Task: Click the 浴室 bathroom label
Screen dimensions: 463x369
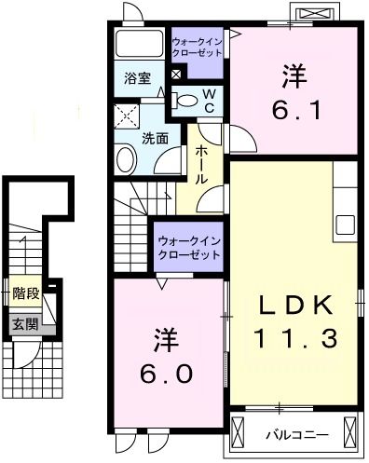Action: coord(137,79)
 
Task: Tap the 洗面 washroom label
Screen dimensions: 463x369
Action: coord(155,138)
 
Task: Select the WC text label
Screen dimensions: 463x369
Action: coord(210,102)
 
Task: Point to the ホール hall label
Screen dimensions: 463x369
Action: coord(199,165)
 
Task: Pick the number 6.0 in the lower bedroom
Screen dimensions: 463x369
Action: coord(169,374)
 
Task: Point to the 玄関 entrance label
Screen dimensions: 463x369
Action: coord(25,324)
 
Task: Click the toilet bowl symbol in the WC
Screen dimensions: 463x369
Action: coord(187,101)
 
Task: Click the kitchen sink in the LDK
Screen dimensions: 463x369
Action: coord(344,225)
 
